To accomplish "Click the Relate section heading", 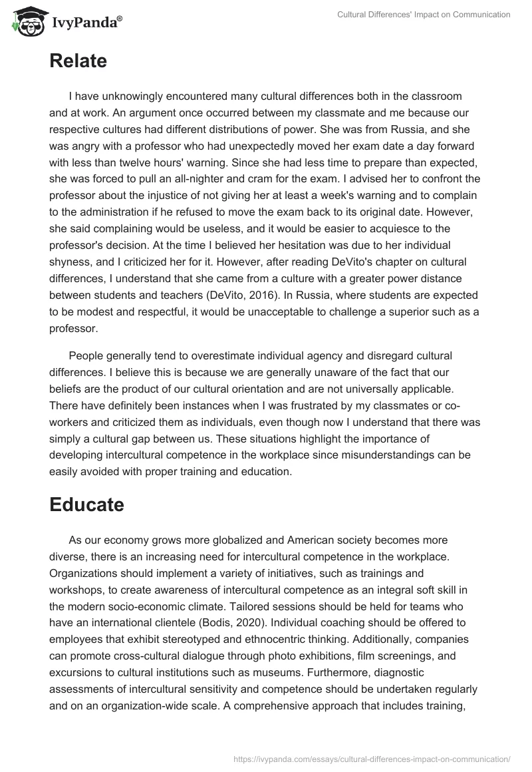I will [78, 61].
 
